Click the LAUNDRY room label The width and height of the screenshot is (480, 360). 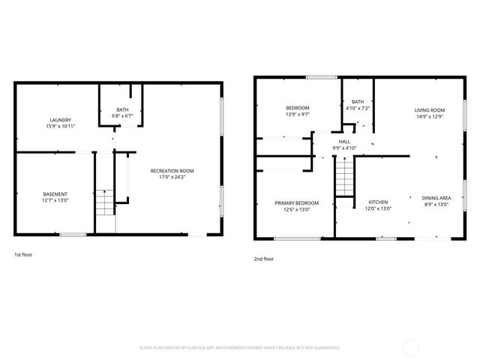(61, 120)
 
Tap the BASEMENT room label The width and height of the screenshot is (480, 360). (55, 195)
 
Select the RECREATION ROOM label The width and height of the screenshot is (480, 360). (172, 171)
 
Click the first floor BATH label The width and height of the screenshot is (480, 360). (121, 110)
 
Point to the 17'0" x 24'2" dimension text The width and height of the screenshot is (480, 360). (172, 177)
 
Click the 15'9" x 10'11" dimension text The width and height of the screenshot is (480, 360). (61, 126)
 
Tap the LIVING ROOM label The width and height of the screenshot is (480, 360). (430, 110)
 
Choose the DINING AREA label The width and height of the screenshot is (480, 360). (436, 197)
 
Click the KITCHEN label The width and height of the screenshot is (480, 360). (377, 202)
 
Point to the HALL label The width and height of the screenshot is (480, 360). (344, 141)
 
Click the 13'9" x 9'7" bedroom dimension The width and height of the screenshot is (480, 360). (297, 114)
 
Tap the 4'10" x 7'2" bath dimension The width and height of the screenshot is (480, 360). (358, 108)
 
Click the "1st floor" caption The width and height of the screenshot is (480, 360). (23, 254)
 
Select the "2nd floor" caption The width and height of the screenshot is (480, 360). (264, 259)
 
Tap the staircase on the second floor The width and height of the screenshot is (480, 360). (343, 179)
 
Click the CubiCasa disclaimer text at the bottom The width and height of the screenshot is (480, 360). (240, 347)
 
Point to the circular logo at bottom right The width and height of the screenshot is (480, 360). (410, 346)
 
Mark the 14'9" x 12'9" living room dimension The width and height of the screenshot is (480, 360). (430, 116)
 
